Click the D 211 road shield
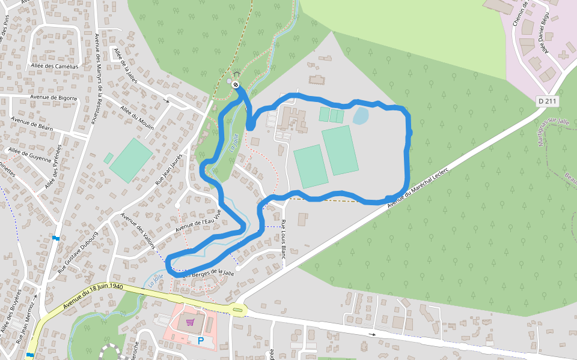[x=548, y=101]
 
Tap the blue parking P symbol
[x=201, y=341]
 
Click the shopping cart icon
[x=190, y=323]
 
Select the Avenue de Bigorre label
[x=52, y=97]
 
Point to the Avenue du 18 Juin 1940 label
[x=93, y=296]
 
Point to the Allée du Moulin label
[x=137, y=118]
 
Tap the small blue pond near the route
[x=361, y=115]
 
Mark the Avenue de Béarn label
[x=32, y=124]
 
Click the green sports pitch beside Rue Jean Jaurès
[x=130, y=160]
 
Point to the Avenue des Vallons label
[x=138, y=231]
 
